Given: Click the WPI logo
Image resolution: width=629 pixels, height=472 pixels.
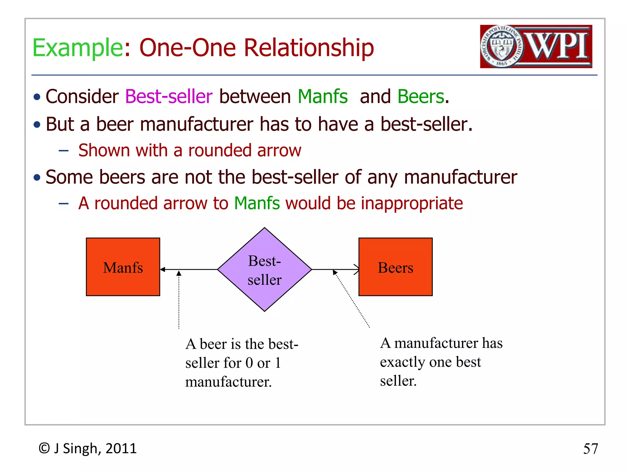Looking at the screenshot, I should click(536, 46).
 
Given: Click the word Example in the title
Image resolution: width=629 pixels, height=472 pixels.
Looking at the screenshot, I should click(78, 48).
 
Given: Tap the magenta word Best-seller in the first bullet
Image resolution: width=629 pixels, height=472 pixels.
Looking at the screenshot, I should click(169, 96).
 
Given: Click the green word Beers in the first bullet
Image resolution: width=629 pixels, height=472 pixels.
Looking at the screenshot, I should click(421, 96).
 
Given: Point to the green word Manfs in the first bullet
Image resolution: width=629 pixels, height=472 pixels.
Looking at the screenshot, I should click(322, 96).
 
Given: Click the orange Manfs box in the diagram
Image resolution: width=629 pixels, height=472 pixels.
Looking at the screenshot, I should click(123, 267).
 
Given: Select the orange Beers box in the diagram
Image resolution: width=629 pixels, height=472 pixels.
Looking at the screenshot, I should click(395, 267).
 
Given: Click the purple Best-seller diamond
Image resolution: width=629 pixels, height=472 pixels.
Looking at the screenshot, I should click(264, 269).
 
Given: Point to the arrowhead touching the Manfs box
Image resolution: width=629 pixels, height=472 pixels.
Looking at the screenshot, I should click(163, 269).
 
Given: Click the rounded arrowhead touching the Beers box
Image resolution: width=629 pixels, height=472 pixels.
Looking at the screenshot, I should click(356, 269).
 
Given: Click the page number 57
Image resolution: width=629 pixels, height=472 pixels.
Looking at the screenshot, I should click(590, 449).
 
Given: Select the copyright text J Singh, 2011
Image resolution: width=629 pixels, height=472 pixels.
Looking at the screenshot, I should click(95, 448).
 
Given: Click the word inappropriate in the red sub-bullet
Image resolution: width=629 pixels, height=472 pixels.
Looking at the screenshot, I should click(412, 203).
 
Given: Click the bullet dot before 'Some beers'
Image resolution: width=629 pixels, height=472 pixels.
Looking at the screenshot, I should click(37, 178).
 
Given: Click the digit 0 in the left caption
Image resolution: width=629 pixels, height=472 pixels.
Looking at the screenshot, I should click(249, 363).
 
